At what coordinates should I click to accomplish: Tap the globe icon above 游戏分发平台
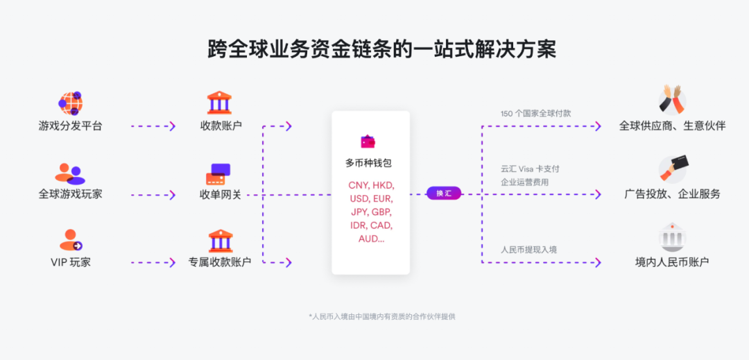click(70, 103)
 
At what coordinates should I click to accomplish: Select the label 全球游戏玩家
click(70, 194)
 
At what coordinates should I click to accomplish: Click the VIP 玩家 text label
click(70, 262)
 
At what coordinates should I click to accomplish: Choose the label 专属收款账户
click(220, 262)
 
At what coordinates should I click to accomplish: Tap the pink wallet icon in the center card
click(368, 142)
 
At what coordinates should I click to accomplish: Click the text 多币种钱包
click(369, 164)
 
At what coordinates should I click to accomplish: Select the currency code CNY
click(359, 185)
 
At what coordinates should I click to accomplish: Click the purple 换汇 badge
click(444, 194)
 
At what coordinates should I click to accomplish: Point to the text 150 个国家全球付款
click(535, 113)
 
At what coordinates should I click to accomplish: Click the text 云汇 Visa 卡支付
click(530, 169)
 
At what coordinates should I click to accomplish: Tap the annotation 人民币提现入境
click(528, 249)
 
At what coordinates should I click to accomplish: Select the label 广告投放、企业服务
click(672, 194)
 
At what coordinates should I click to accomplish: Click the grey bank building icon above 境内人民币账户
click(672, 237)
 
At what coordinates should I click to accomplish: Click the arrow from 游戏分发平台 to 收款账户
click(153, 126)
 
